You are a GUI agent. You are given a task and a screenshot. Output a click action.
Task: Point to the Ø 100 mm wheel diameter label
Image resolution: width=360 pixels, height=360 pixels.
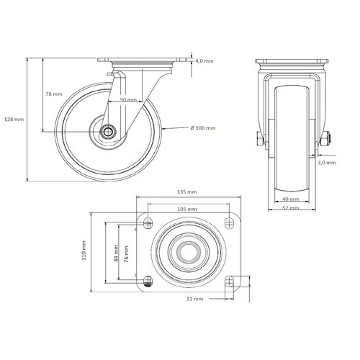pyautogui.click(x=202, y=128)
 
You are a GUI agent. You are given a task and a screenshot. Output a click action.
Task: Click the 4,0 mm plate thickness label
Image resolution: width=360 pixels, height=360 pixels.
pyautogui.click(x=204, y=62)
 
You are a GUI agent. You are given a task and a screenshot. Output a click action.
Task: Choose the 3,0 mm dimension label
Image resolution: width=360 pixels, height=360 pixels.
pyautogui.click(x=346, y=163)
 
